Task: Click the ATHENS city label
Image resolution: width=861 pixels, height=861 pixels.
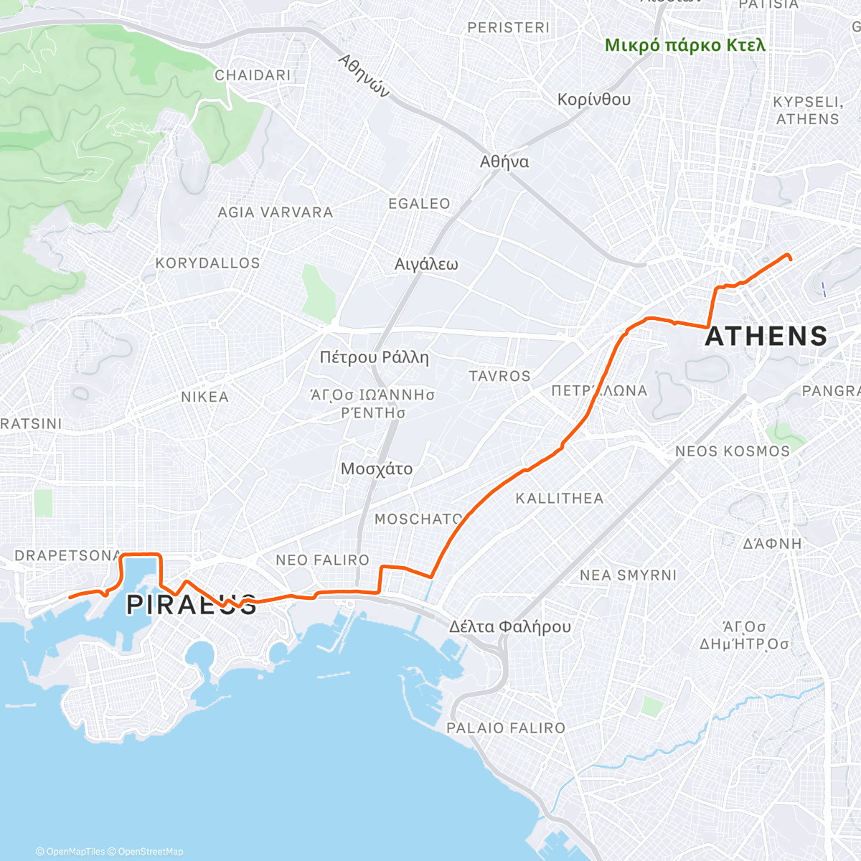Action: (x=766, y=337)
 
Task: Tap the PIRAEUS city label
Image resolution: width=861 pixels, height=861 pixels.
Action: (x=191, y=605)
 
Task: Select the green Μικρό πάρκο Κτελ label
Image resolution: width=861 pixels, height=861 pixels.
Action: (x=685, y=45)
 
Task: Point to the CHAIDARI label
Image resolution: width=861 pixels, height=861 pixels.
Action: (x=253, y=75)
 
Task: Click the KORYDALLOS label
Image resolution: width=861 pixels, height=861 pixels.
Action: (x=207, y=263)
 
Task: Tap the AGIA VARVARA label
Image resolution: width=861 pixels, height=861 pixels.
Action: (x=276, y=212)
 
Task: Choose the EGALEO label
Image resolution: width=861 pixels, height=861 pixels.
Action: (x=419, y=204)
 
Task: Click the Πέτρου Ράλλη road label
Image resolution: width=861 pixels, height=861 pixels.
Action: (x=374, y=357)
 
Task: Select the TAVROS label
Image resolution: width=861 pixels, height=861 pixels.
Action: (x=499, y=376)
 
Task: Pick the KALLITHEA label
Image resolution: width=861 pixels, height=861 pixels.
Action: (x=560, y=498)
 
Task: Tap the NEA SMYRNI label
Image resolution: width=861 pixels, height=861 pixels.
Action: (x=628, y=575)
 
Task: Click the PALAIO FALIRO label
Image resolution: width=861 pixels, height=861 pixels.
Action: (x=506, y=728)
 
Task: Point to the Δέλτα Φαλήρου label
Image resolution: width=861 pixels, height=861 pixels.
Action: (x=510, y=626)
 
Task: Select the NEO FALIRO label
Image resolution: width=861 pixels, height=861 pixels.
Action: (x=322, y=560)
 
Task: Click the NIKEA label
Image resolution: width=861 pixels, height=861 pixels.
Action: (x=204, y=397)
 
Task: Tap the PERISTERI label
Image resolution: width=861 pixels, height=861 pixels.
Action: (x=508, y=28)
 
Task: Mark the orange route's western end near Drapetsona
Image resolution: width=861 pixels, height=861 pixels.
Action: (x=70, y=596)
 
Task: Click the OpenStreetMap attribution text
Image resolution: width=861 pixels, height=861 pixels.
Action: (x=150, y=852)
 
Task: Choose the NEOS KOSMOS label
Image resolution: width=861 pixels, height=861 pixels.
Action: (x=732, y=451)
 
